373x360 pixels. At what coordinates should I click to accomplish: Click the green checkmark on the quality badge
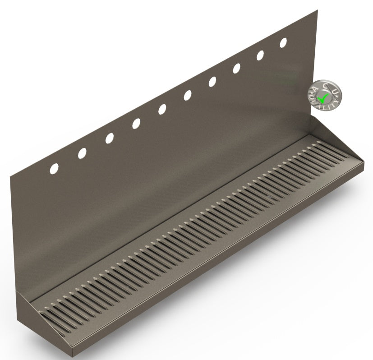tap(322, 97)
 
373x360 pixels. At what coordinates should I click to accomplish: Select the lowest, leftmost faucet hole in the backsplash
tap(54, 169)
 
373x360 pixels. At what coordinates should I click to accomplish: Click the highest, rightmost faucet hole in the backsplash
tap(283, 43)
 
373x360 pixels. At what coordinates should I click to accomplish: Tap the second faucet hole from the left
tap(82, 153)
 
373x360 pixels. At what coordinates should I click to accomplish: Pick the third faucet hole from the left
tap(109, 138)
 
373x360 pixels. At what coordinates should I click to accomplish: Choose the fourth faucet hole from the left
tap(136, 124)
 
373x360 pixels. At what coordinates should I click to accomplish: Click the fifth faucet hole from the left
tap(162, 109)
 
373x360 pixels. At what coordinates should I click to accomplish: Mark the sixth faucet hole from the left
tap(187, 95)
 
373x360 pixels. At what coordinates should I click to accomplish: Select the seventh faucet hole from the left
tap(212, 82)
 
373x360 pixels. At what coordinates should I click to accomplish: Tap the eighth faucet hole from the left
tap(236, 69)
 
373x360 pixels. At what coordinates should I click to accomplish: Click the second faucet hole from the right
tap(260, 55)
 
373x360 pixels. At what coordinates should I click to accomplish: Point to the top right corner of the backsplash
tap(317, 10)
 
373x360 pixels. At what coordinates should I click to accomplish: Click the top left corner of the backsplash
tap(11, 177)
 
